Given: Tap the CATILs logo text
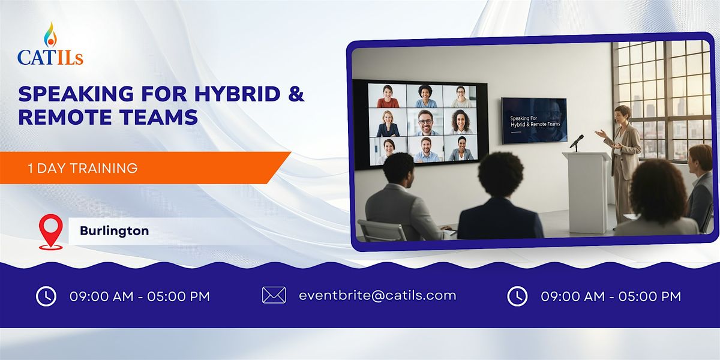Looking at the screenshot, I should click(x=50, y=57).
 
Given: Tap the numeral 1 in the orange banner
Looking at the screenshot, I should click(x=30, y=168).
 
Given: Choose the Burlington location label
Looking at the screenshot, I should click(x=114, y=231).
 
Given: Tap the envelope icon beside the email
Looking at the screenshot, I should click(x=274, y=295).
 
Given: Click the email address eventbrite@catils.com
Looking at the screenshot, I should click(x=377, y=295).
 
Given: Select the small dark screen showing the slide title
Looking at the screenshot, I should click(x=534, y=120).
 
